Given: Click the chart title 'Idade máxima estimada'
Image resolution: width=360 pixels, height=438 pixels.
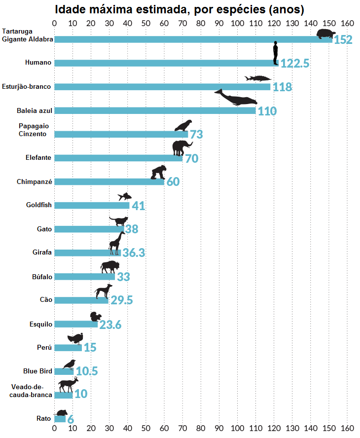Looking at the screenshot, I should [179, 9].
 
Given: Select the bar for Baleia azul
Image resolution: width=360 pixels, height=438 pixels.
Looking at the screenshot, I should [155, 110].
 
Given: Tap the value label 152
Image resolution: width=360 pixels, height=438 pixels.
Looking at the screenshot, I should [343, 40].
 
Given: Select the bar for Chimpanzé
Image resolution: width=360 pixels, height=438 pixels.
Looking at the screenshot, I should [109, 182].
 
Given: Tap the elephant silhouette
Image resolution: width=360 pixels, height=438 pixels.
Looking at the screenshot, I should [181, 147].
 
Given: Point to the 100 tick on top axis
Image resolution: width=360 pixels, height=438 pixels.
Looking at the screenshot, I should [238, 23].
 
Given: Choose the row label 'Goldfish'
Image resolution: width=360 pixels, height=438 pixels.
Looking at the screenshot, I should [39, 205].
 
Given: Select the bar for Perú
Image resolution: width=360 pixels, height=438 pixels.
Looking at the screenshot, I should [68, 348].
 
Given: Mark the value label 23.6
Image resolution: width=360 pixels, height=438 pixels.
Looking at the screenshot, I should [110, 325].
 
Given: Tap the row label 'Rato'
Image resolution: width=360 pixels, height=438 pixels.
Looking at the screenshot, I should [44, 419].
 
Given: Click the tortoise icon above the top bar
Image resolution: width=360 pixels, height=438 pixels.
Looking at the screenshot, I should [325, 34].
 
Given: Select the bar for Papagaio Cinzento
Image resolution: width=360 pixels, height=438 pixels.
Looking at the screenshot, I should [121, 134].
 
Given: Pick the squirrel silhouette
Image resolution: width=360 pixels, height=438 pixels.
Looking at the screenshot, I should [95, 317].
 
